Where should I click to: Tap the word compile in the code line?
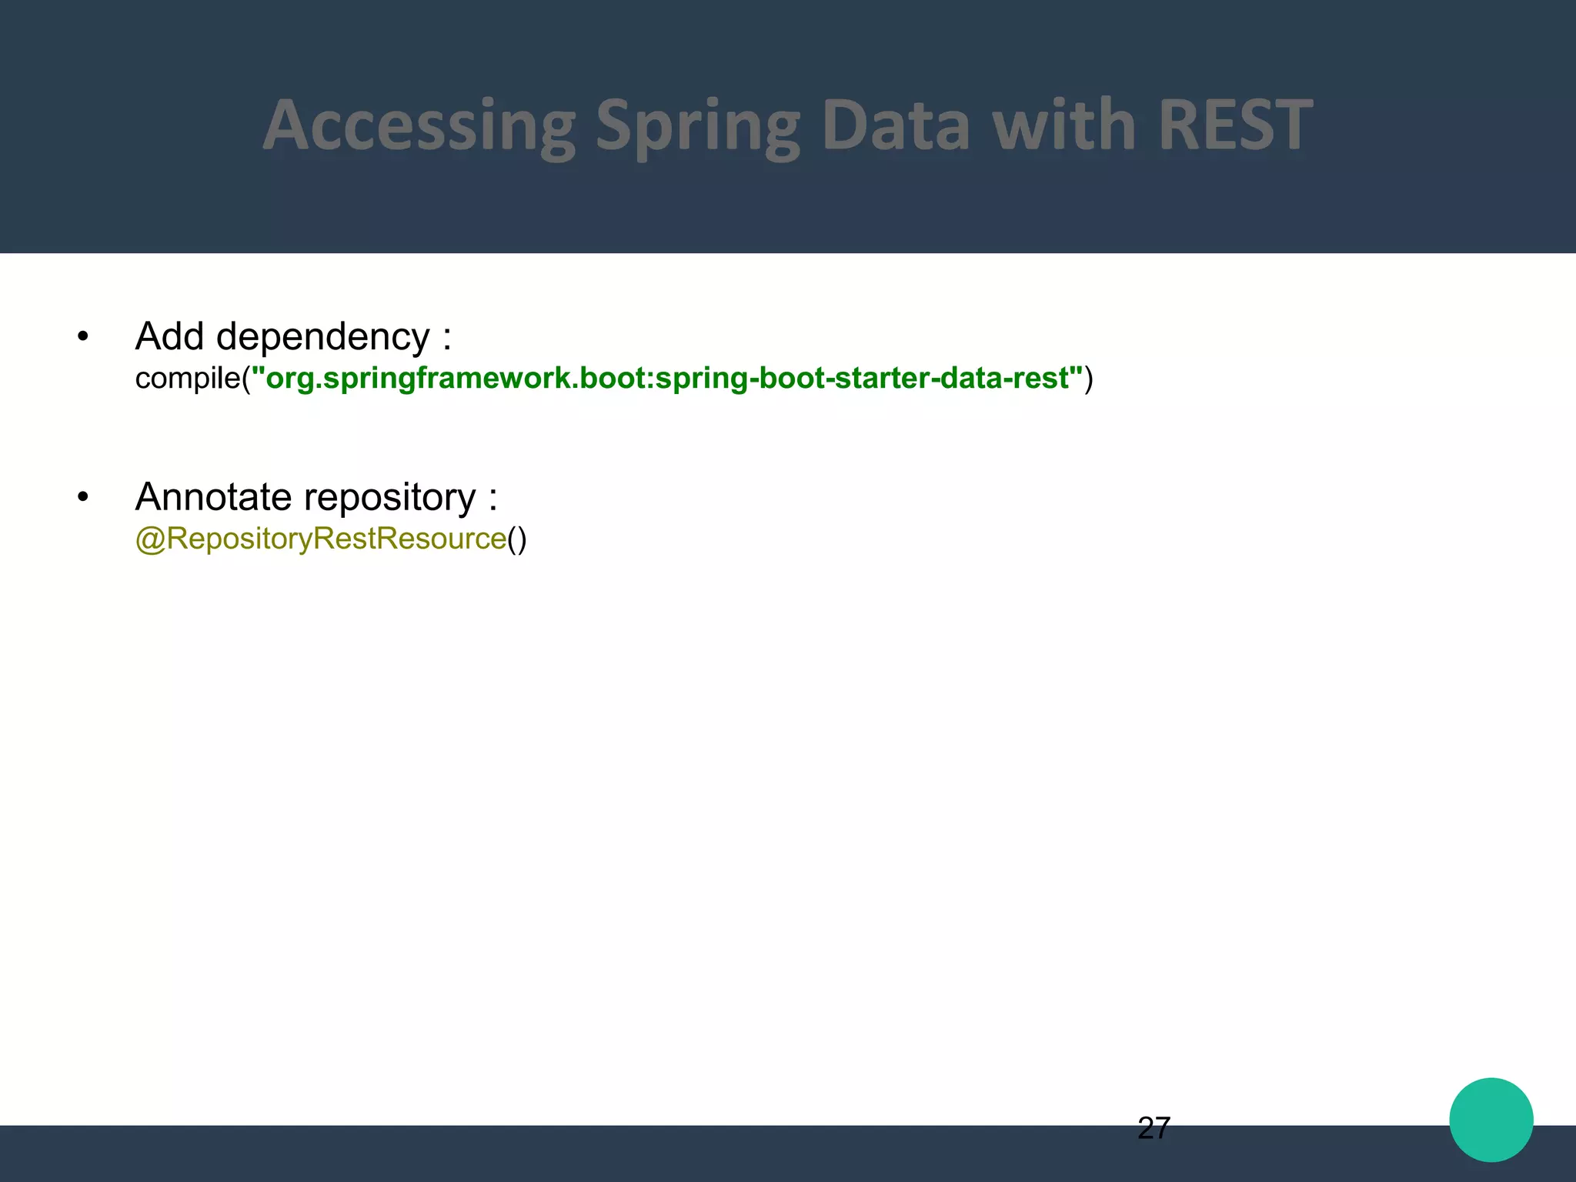point(188,379)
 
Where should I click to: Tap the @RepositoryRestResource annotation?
point(321,539)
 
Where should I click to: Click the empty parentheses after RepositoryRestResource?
point(517,539)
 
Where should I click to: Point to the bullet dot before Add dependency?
point(83,336)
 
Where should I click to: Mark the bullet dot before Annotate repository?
point(83,497)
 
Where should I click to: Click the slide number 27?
point(1154,1128)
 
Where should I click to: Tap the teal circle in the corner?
point(1491,1120)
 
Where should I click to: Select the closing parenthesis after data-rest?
point(1088,379)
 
